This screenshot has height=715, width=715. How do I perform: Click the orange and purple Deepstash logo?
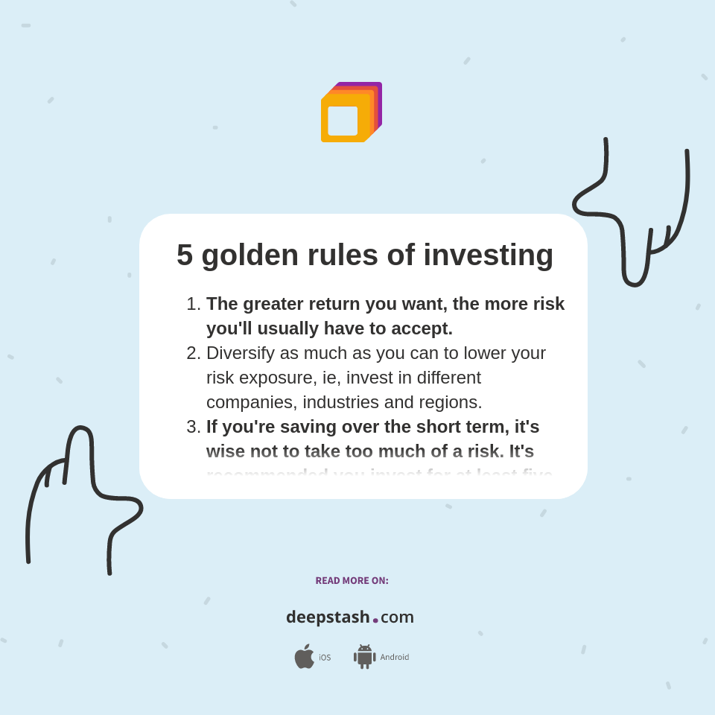tap(351, 112)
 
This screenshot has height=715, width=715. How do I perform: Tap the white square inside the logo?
tap(343, 121)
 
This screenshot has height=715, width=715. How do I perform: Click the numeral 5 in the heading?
tap(185, 255)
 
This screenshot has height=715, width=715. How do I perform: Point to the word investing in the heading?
tap(488, 255)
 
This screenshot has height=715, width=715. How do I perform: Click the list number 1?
tap(193, 304)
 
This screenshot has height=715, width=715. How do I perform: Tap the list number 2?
tap(193, 353)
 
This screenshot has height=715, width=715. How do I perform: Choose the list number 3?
tap(193, 427)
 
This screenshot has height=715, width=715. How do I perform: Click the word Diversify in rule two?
tap(241, 353)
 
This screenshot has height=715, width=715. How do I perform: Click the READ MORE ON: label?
tap(352, 581)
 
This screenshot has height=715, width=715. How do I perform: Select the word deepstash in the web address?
tap(328, 617)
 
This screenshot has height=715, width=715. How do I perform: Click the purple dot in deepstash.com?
tap(375, 620)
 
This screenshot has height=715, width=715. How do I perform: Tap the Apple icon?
tap(304, 657)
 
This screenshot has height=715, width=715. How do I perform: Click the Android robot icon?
tap(364, 657)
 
